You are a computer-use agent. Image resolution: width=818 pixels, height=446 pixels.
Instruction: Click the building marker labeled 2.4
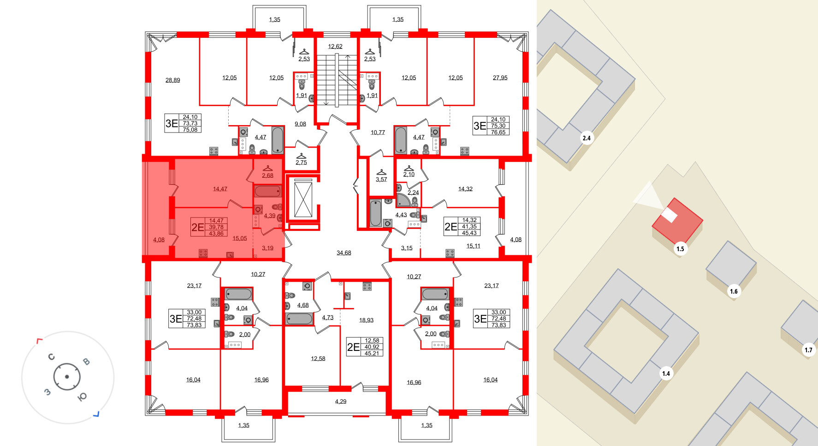point(587,138)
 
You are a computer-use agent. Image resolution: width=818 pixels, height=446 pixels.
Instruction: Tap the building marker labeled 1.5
point(680,249)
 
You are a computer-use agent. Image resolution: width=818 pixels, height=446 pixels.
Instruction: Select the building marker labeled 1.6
point(734,291)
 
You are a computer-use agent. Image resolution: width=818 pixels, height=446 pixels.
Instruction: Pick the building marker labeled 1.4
point(666,374)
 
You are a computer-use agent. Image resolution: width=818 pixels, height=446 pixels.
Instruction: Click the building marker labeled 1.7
point(808,350)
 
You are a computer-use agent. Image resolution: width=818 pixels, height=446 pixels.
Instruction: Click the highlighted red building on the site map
point(678,221)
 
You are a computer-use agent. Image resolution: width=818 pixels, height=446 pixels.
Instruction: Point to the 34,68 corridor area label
point(344,253)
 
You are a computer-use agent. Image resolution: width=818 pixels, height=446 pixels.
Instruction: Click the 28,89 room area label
point(172,80)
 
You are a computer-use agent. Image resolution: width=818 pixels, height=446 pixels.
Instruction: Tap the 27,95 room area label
point(500,78)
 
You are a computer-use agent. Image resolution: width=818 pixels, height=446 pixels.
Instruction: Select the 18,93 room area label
point(366,320)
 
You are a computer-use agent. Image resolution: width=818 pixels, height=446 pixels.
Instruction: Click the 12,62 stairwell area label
point(335,47)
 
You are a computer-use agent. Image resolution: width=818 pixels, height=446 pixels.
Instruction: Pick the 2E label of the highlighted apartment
point(197,227)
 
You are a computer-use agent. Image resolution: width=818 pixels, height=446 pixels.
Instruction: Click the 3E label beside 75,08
point(172,123)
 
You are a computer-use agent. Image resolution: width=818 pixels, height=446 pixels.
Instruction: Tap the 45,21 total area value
point(372,354)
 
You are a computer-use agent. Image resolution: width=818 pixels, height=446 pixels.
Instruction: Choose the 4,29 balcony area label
point(340,402)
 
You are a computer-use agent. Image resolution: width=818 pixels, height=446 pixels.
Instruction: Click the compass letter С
point(51,357)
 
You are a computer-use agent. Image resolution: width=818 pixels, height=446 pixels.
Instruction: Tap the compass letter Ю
point(83,397)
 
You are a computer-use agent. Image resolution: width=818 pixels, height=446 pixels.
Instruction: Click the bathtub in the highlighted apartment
point(268,191)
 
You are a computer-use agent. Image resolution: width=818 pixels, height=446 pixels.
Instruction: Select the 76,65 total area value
point(498,133)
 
